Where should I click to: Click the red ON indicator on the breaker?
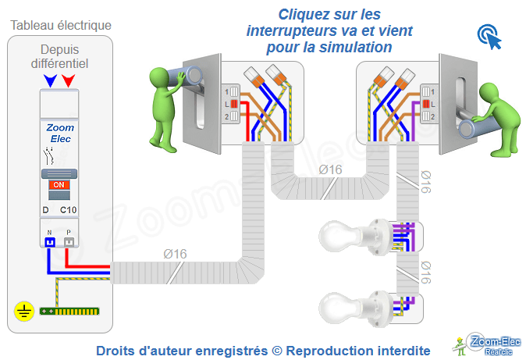coord(59,185)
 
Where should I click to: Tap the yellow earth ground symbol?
coord(24,312)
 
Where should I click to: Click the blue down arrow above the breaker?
coord(51,80)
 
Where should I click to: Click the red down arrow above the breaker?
coord(69,80)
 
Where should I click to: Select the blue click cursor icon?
coord(489,36)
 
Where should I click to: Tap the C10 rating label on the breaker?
coord(69,211)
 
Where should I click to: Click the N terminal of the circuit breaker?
coord(49,241)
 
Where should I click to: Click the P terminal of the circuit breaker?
coord(69,241)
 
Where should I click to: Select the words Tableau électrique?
coord(60,25)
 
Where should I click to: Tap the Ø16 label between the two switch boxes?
coord(330,170)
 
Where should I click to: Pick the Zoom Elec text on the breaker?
coord(59,134)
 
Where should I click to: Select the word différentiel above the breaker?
coord(60,62)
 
